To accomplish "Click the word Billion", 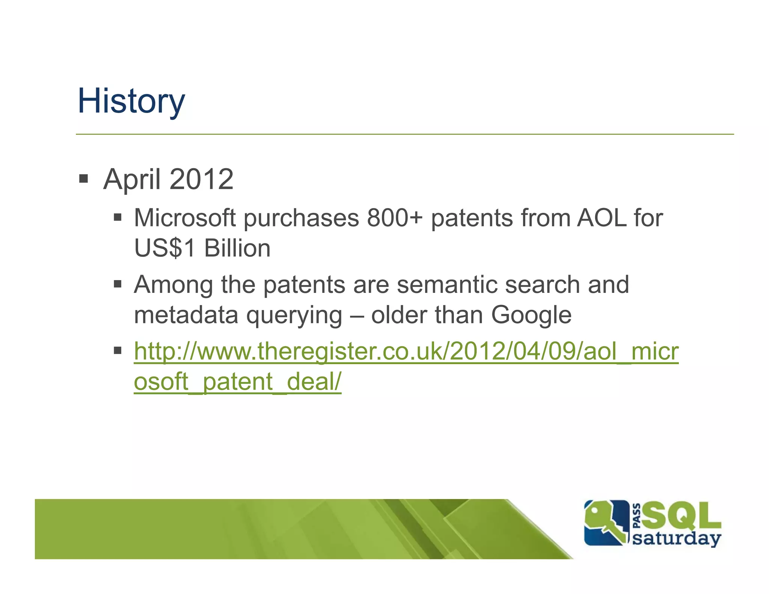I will tap(237, 248).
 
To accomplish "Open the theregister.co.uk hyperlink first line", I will tap(406, 351).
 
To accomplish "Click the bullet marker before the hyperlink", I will tap(118, 351).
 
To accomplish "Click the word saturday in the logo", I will tap(676, 538).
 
